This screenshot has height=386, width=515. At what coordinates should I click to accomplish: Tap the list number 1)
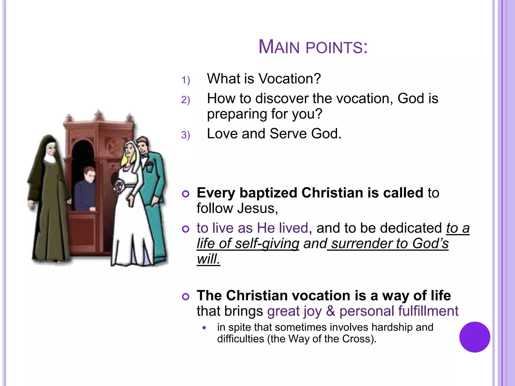coord(186,80)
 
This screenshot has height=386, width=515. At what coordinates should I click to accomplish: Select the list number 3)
coord(186,135)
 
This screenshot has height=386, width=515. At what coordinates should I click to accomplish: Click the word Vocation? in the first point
coord(290,79)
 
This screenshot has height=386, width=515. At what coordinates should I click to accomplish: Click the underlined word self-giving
coord(267,244)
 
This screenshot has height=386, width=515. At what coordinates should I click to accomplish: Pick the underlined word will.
coord(208,259)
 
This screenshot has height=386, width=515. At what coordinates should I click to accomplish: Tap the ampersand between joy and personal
coord(331,311)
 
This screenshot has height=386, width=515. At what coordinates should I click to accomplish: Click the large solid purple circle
coord(475,337)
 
